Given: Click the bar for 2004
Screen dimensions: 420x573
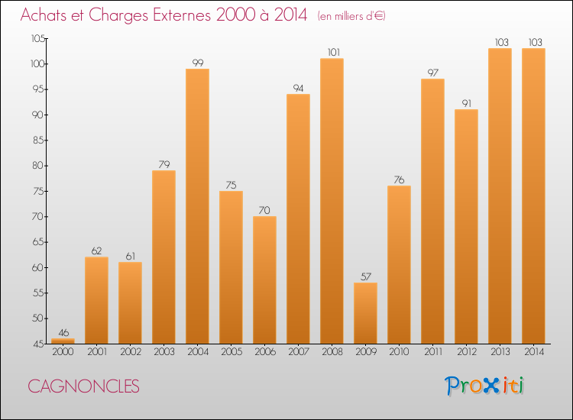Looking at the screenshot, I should click(x=197, y=206).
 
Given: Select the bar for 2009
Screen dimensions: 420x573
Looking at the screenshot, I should click(x=365, y=313).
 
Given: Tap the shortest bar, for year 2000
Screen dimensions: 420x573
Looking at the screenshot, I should click(x=63, y=341).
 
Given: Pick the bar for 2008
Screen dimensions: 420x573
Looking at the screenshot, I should click(x=332, y=201).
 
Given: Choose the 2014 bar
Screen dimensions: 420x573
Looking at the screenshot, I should click(x=533, y=195).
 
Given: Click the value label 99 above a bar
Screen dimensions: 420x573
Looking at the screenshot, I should click(x=197, y=63).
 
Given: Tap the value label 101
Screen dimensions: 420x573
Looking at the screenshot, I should click(x=332, y=53).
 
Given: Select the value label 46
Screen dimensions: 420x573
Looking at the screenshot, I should click(x=63, y=333).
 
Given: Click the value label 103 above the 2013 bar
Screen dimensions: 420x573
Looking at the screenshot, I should click(x=500, y=43).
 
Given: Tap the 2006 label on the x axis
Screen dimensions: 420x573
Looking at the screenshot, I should click(x=264, y=352).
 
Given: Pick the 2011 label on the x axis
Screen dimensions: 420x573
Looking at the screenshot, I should click(x=432, y=352).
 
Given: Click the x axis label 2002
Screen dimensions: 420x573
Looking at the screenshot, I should click(x=130, y=352).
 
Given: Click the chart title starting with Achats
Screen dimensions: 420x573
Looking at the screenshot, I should click(x=163, y=15).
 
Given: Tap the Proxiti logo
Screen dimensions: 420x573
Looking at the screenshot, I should click(x=484, y=386).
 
